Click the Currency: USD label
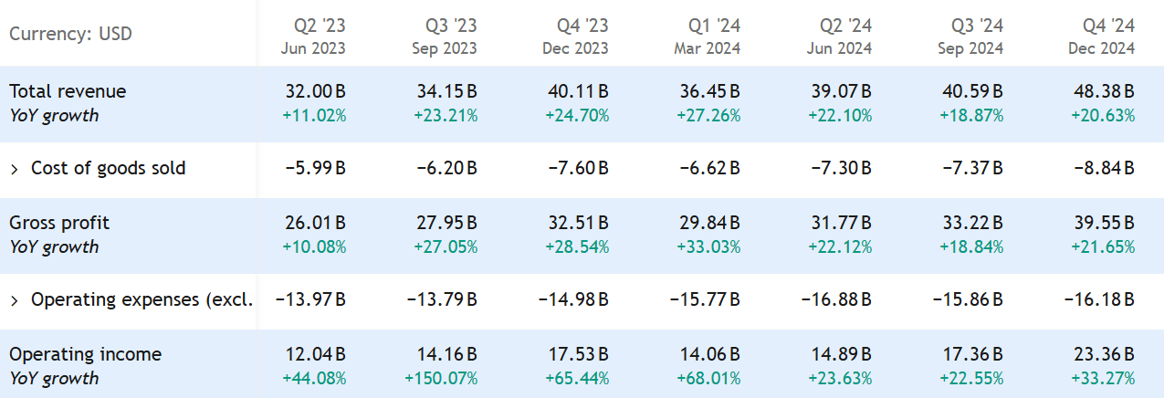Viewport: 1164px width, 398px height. point(70,35)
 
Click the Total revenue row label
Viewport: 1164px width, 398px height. point(68,91)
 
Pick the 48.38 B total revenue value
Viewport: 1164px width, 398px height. point(1104,91)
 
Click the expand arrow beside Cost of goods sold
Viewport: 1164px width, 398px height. point(15,168)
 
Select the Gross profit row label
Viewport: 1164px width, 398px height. point(59,223)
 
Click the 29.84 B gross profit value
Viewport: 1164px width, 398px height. point(709,223)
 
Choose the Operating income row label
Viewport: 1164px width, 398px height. point(85,354)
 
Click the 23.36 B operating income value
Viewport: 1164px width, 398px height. point(1104,354)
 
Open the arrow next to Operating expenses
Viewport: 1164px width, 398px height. point(15,299)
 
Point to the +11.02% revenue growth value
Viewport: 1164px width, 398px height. point(315,116)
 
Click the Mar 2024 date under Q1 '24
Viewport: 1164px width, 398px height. point(708,47)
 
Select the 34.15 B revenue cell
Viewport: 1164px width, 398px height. point(446,91)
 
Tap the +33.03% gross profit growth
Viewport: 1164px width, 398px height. point(708,247)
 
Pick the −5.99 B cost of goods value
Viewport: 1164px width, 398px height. point(314,168)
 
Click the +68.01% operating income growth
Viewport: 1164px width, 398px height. point(708,378)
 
